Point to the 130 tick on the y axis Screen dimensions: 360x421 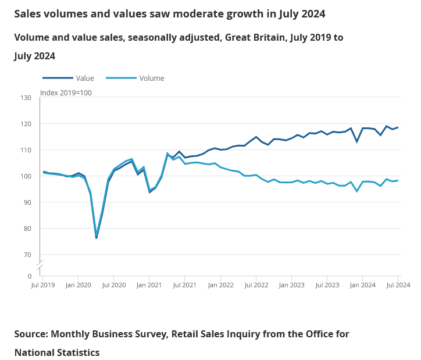[x=26, y=97]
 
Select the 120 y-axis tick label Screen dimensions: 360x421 [x=26, y=124]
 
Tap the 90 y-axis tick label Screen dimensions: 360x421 [x=27, y=202]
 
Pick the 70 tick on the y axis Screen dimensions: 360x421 [x=27, y=255]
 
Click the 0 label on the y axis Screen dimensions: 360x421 [x=29, y=276]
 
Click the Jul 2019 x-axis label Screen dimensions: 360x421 [x=43, y=285]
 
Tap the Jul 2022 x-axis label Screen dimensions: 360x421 [x=256, y=285]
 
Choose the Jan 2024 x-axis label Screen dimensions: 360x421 [x=363, y=285]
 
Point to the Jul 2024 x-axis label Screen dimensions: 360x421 [x=399, y=285]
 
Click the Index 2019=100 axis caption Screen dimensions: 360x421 [x=66, y=92]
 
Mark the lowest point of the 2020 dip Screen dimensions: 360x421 [x=97, y=237]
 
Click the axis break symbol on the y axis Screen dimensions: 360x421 [x=40, y=266]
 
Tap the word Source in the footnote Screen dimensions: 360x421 [x=30, y=334]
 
